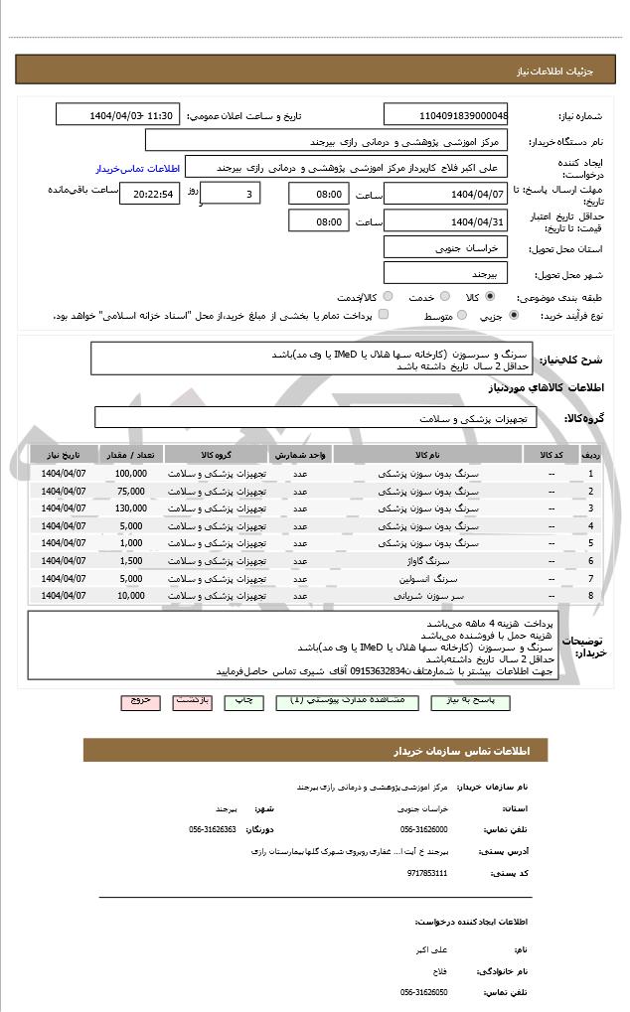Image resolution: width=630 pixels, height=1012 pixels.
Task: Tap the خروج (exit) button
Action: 140,700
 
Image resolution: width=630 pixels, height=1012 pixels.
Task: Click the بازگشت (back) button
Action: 192,700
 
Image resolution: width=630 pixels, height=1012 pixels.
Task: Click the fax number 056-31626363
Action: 212,828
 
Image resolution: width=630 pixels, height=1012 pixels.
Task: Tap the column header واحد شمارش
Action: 298,455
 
